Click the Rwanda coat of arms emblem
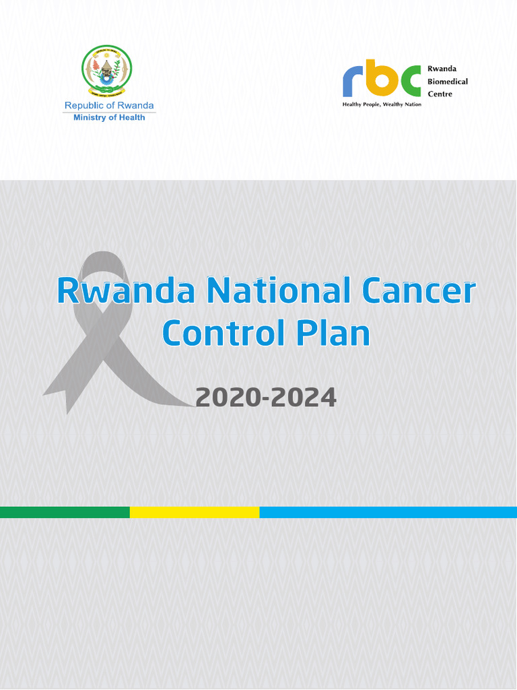tap(107, 71)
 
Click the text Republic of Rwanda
tap(109, 105)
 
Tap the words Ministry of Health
tap(109, 117)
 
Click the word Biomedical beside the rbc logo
tap(448, 82)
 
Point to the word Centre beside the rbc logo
tap(440, 94)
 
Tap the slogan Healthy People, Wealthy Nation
tap(381, 105)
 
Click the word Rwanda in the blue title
tap(127, 291)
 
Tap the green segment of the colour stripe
tap(65, 512)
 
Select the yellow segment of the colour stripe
tap(195, 512)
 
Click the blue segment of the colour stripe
tap(388, 512)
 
